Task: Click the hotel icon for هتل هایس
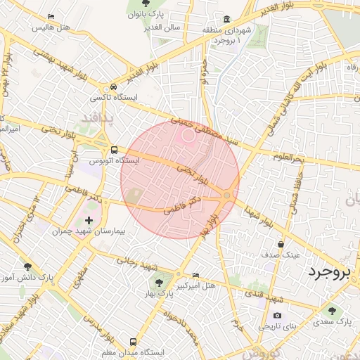(x=50, y=17)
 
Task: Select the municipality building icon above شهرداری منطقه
(x=226, y=20)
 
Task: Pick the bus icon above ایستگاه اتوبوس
(x=114, y=149)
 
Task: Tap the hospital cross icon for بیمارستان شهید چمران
(x=88, y=220)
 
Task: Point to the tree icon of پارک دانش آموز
(x=28, y=266)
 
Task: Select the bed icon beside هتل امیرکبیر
(x=195, y=274)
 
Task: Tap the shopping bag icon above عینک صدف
(x=281, y=244)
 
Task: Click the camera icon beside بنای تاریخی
(x=277, y=315)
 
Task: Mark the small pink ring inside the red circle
(x=188, y=137)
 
